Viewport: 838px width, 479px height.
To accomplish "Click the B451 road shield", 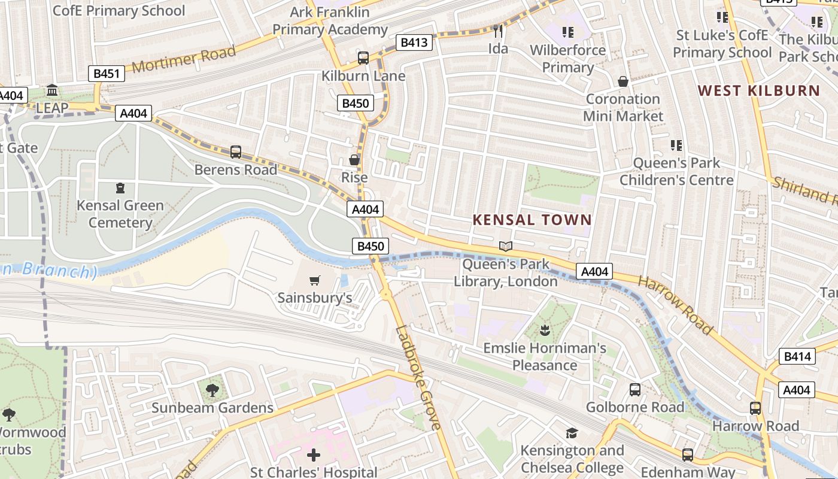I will click(107, 74).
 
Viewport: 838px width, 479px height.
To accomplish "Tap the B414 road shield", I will click(797, 357).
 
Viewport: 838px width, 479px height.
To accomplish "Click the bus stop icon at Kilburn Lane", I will click(363, 58).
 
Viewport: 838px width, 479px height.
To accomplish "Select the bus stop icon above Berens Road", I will click(236, 152).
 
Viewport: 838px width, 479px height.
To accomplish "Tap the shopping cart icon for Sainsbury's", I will click(315, 280).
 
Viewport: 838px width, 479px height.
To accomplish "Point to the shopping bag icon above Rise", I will click(354, 160).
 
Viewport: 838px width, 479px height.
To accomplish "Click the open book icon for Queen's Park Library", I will click(506, 246).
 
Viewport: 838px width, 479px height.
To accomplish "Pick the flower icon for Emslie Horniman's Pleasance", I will click(545, 330).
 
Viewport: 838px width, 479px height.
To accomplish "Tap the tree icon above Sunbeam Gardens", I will click(212, 390).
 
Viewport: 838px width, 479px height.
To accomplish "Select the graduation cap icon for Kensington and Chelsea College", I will click(572, 433).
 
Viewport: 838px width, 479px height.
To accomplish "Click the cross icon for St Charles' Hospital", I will click(314, 455).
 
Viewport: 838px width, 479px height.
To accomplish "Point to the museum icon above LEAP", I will click(52, 90).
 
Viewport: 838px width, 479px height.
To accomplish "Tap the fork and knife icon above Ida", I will click(498, 31).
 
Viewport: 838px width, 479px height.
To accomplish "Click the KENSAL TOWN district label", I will click(532, 220).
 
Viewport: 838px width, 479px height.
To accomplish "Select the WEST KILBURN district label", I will click(758, 91).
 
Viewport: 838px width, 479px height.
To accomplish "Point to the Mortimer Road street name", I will click(184, 59).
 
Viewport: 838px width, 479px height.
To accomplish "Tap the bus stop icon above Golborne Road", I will click(635, 390).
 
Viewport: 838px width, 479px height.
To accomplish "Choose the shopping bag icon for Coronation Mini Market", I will click(623, 81).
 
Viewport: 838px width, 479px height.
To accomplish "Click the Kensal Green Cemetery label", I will click(120, 214).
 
